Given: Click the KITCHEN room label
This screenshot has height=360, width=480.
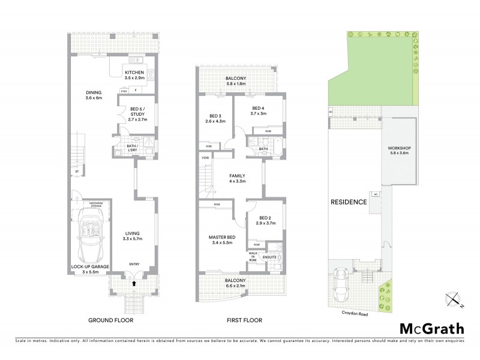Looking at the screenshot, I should pyautogui.click(x=135, y=73).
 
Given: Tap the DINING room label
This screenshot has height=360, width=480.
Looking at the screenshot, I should pyautogui.click(x=94, y=94).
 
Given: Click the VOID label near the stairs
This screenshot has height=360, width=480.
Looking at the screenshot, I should pyautogui.click(x=206, y=159).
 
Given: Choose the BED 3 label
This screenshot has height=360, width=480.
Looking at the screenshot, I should pyautogui.click(x=215, y=116).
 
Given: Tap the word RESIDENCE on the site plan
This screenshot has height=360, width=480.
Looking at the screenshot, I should pyautogui.click(x=349, y=202).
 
